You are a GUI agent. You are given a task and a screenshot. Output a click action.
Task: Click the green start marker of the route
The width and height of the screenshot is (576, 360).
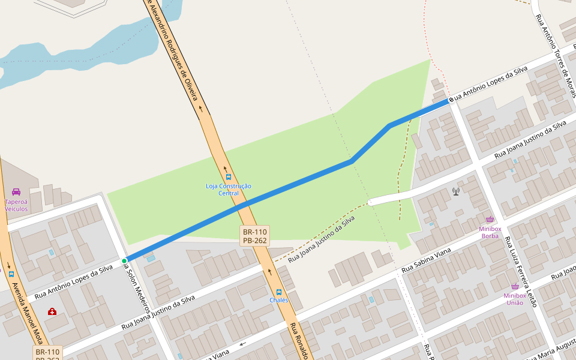pos(124,261)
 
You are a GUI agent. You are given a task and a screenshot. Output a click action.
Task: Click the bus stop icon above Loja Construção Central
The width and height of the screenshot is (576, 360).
pos(229,177)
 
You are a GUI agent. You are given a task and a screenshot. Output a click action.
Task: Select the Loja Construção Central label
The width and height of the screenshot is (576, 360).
pos(229,190)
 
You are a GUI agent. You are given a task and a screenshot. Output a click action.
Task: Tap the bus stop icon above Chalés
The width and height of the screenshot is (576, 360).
pos(278,292)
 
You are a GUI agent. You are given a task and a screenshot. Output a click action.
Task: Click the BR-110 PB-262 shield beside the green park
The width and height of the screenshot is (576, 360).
pos(255,236)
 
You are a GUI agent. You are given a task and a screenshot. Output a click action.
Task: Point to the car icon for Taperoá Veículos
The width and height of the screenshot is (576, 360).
pos(16,192)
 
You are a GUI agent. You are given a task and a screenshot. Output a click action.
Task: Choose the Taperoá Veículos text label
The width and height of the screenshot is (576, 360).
pos(16,205)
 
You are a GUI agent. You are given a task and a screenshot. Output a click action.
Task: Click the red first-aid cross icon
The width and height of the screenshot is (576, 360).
pos(52,311)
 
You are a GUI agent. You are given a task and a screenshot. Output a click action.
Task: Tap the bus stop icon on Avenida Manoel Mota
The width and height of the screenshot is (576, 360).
pos(11,274)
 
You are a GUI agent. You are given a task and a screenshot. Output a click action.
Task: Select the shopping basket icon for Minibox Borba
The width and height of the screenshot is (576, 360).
pos(490,220)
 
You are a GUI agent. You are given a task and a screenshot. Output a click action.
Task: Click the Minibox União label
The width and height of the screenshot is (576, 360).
pos(514,299)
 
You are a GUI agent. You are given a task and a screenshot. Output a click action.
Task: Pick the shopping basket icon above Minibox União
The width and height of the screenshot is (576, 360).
pos(514,286)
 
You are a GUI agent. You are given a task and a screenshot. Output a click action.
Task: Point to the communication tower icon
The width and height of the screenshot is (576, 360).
pos(456,192)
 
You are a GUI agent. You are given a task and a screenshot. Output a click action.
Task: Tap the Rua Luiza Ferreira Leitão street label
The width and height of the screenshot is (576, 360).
pos(521,272)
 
